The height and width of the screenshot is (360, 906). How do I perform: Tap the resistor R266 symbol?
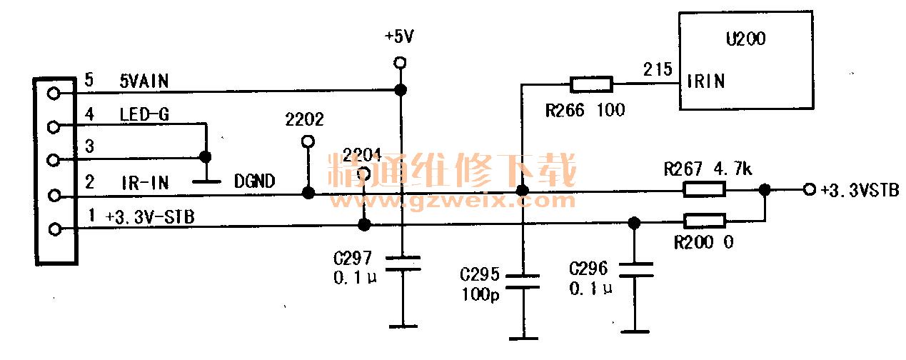point(591,85)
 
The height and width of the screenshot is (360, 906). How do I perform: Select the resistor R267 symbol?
point(705,189)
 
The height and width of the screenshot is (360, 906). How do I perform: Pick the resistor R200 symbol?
point(705,220)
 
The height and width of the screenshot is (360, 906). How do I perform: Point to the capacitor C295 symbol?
point(522,280)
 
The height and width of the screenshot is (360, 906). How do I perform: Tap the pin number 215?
point(658,70)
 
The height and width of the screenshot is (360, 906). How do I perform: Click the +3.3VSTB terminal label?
point(859,190)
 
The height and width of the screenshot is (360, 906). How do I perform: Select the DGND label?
point(255,181)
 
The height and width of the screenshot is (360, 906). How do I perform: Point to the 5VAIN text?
point(144,81)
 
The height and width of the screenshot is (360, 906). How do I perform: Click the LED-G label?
point(144,114)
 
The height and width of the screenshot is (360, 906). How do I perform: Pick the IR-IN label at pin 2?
point(144,183)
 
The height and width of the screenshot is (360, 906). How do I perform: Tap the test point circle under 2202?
point(308,141)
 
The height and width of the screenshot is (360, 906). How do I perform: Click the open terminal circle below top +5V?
point(401,63)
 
